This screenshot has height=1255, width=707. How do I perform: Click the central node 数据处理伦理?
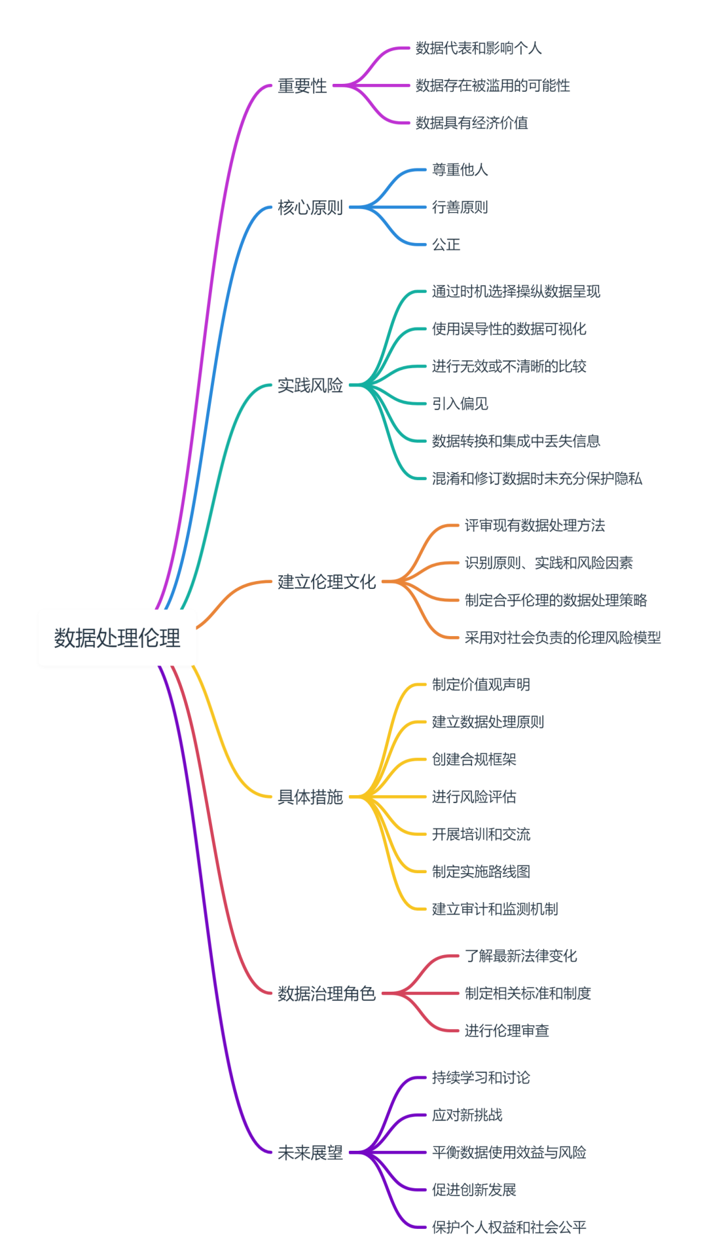[117, 638]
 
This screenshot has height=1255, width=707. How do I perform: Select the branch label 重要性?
[302, 86]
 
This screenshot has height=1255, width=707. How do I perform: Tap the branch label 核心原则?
[310, 208]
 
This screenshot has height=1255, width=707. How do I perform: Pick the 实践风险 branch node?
[310, 385]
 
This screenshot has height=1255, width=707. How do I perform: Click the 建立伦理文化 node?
[326, 582]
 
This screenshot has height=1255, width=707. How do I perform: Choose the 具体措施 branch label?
[310, 797]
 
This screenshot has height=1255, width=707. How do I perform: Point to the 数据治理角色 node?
[326, 994]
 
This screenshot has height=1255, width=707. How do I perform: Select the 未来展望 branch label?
[310, 1153]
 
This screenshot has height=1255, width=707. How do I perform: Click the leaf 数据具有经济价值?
[471, 123]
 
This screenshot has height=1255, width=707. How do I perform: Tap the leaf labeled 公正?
[446, 245]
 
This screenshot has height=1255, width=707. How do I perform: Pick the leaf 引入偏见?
[460, 404]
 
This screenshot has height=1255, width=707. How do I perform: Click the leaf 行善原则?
[460, 208]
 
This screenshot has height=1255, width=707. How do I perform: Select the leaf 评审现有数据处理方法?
[534, 525]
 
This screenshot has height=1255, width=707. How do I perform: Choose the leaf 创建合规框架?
[474, 760]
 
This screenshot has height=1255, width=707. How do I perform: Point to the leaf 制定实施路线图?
[480, 872]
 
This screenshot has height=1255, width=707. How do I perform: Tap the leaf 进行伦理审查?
[506, 1031]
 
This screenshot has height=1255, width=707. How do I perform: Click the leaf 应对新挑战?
[467, 1115]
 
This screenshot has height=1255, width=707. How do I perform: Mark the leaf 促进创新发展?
[474, 1190]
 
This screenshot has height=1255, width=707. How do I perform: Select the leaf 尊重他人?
[460, 170]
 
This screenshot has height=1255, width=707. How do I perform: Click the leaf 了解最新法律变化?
[520, 956]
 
